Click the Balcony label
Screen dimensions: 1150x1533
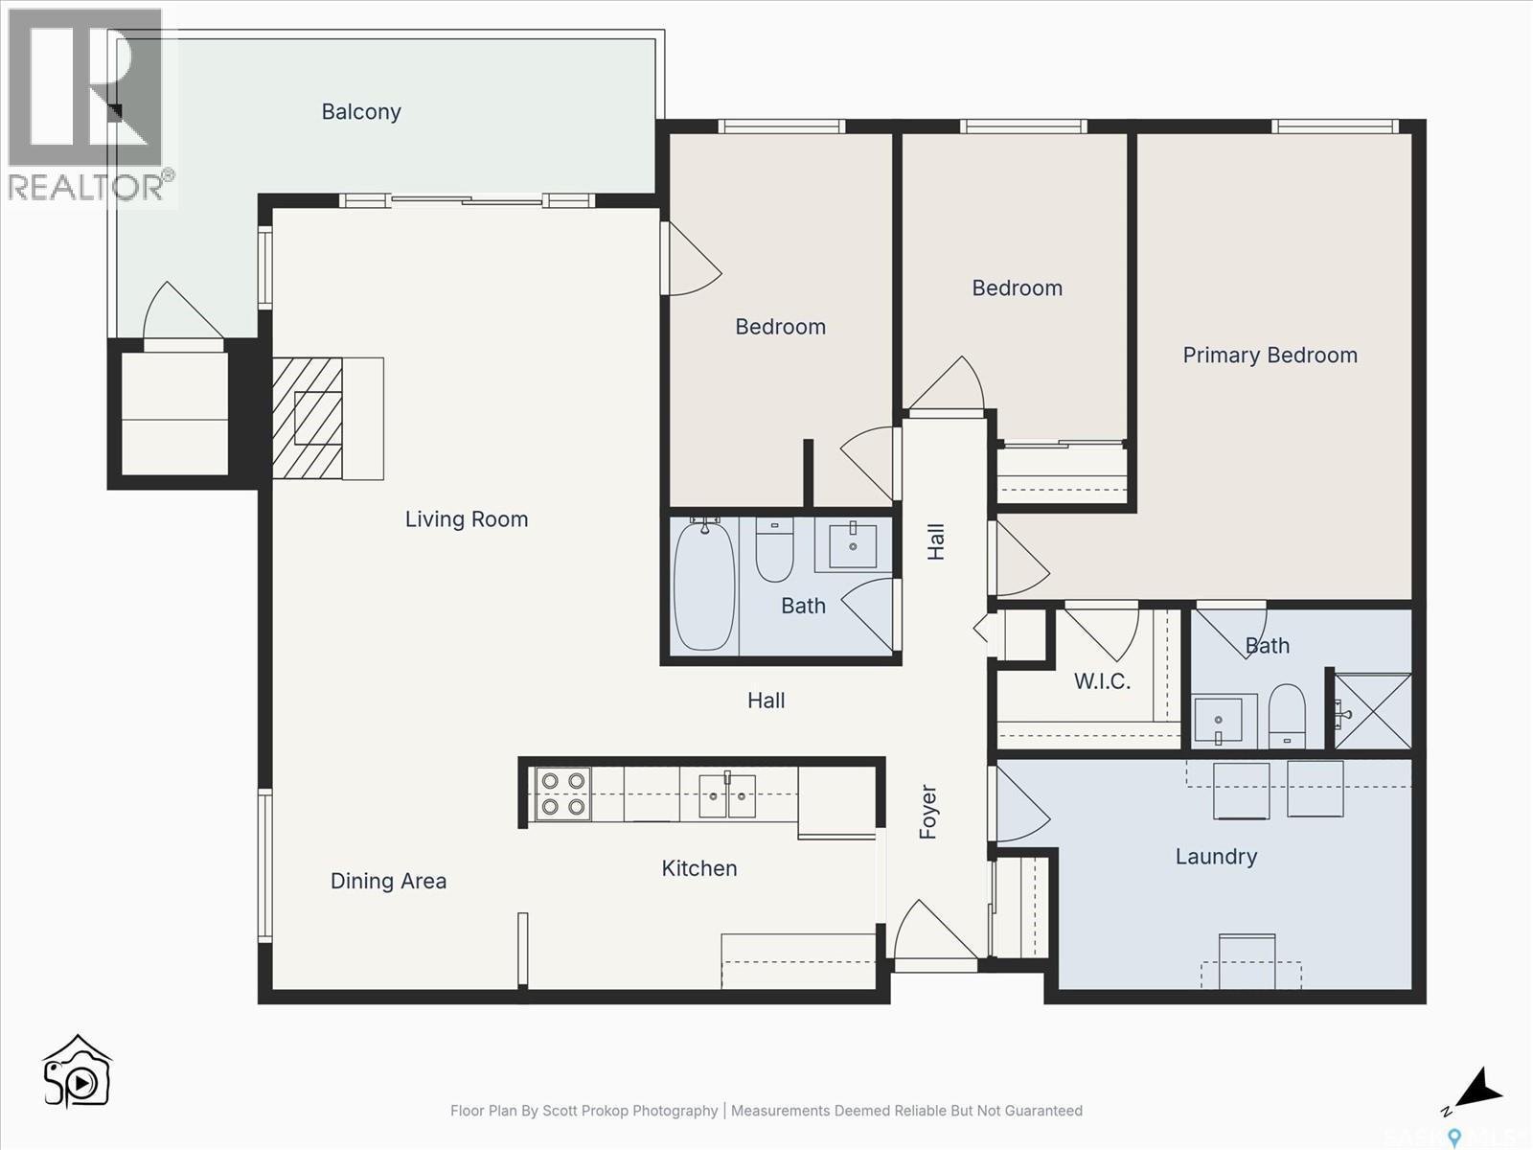pos(361,112)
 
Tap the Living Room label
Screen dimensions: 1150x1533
pos(467,519)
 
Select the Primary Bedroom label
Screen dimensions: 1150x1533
pos(1270,356)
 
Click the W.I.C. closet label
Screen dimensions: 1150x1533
pos(1102,681)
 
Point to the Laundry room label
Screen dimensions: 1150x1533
pos(1216,857)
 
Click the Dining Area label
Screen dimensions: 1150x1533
pos(388,881)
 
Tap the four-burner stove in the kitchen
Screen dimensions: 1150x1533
pos(562,793)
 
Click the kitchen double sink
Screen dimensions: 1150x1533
pos(727,794)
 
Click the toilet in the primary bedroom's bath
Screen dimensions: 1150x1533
pos(1286,714)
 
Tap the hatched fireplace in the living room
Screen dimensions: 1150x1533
pos(308,418)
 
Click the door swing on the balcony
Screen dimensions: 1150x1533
pos(182,311)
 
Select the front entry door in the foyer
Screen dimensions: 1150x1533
pos(934,931)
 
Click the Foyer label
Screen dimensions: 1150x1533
pos(927,812)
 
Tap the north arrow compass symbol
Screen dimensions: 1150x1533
pos(1476,1091)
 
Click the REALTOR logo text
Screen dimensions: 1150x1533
pos(86,186)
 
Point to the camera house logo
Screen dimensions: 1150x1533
pos(78,1071)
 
